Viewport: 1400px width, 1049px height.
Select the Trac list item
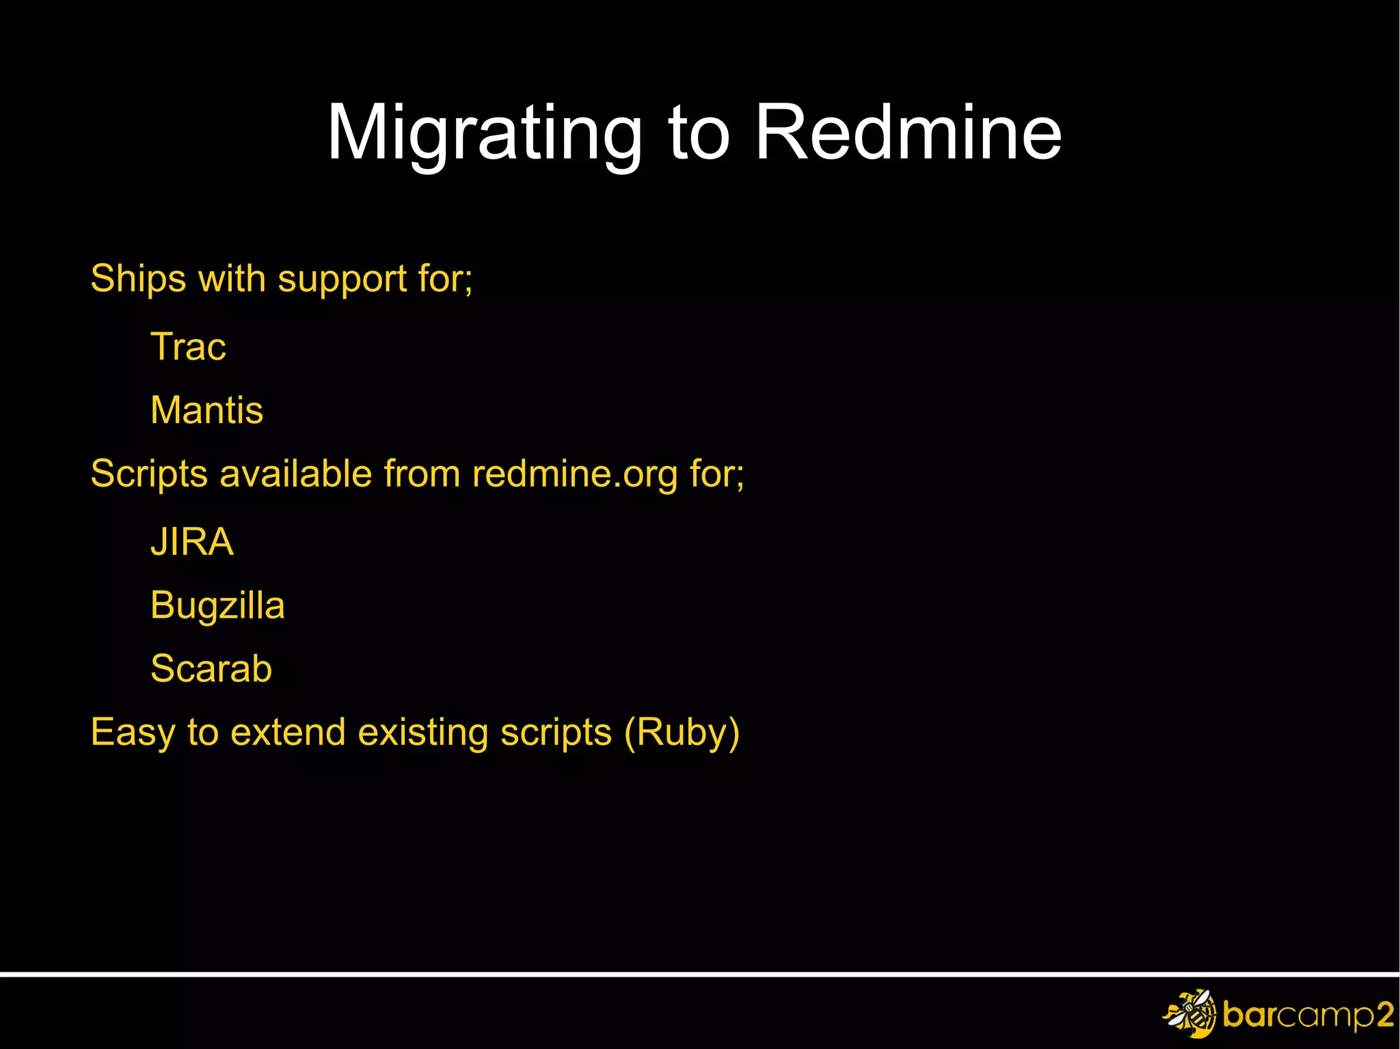click(x=188, y=346)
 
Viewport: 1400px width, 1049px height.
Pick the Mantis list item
click(x=206, y=410)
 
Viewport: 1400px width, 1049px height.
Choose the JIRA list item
click(x=192, y=542)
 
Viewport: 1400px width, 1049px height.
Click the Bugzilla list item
click(x=217, y=605)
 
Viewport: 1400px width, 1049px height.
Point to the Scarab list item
click(x=211, y=668)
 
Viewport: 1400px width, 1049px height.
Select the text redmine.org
click(x=575, y=474)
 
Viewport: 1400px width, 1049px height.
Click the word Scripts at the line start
click(x=149, y=474)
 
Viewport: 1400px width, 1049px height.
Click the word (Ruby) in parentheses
click(x=682, y=733)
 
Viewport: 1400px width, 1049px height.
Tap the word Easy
click(x=133, y=733)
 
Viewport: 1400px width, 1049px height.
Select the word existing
click(x=423, y=733)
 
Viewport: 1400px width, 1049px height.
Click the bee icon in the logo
click(x=1190, y=1013)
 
